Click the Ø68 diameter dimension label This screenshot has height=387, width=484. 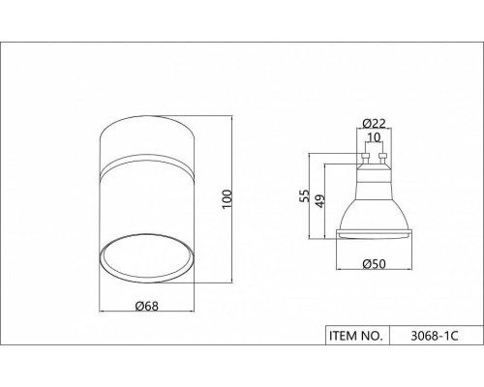click(147, 306)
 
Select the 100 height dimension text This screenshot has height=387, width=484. click(227, 199)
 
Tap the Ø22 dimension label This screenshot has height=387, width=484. click(374, 123)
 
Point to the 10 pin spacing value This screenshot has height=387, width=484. click(374, 137)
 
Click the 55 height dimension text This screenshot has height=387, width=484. click(304, 196)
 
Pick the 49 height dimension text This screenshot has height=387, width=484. click(319, 201)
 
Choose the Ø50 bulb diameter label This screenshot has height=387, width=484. click(374, 264)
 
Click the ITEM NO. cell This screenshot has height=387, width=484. click(357, 336)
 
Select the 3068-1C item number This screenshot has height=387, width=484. click(435, 336)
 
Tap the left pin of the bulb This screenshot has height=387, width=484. click(365, 159)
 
